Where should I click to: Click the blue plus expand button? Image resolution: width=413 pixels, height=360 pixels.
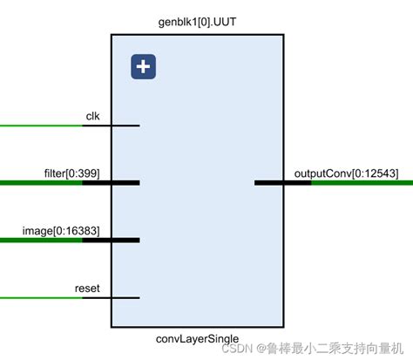(x=143, y=67)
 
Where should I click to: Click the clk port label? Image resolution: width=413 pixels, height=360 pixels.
(x=92, y=116)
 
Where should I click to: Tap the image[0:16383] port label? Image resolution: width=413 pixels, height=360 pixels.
(x=62, y=230)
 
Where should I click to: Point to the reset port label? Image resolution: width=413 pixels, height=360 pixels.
(x=87, y=288)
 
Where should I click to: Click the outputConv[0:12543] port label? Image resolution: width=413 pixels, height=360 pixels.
(x=346, y=173)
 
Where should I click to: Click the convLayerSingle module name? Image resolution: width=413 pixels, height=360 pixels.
(x=198, y=338)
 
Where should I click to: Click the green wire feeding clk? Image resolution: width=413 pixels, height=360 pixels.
(x=39, y=126)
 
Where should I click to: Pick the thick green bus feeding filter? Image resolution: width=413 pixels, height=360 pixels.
(x=39, y=183)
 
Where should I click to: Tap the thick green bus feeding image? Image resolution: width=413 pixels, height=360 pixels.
(x=39, y=240)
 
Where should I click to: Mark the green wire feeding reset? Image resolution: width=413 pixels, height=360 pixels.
(x=39, y=297)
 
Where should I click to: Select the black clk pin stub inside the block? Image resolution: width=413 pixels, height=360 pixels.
(x=125, y=126)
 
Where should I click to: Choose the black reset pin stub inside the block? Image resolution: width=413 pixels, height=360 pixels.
(x=125, y=297)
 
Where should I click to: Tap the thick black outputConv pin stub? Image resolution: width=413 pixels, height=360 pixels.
(x=269, y=183)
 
